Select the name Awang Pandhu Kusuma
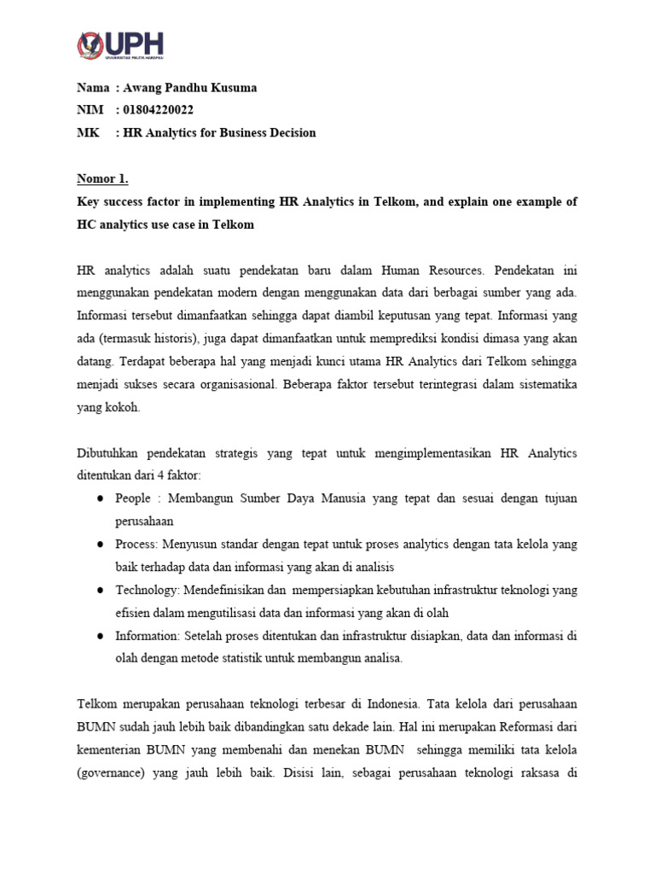pos(189,88)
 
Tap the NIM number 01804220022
pos(158,110)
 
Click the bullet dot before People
pos(101,498)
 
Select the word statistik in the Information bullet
pos(254,658)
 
